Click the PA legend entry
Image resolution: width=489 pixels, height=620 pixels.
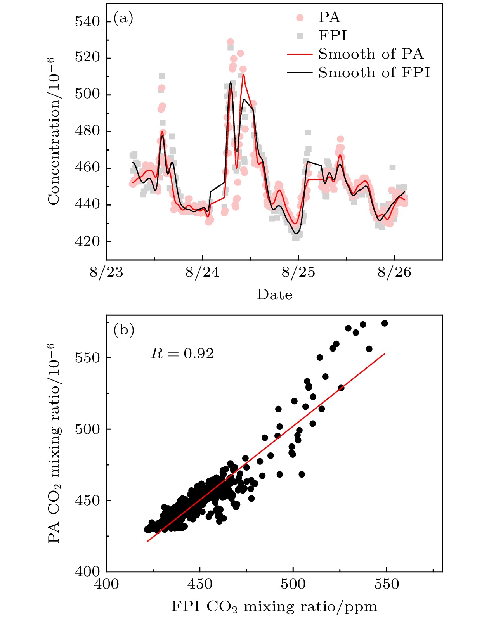[x=329, y=17]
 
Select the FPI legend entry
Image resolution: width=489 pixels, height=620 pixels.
[x=333, y=36]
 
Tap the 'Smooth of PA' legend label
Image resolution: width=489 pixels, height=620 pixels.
[x=371, y=54]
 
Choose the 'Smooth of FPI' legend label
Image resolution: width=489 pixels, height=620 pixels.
[x=374, y=73]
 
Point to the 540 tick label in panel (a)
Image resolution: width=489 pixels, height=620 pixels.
[x=88, y=22]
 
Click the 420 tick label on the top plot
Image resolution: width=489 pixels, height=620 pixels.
[x=88, y=241]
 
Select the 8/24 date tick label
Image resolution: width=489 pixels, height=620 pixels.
[x=202, y=272]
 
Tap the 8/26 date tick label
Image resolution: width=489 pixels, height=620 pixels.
[x=394, y=272]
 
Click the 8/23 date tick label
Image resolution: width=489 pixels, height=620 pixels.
[x=106, y=272]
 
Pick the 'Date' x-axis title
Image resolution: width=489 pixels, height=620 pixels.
[x=274, y=294]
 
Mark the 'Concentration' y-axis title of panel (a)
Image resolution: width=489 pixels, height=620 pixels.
[x=54, y=131]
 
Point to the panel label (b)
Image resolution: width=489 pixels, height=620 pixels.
[x=123, y=330]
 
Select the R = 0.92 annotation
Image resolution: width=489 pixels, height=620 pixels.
[x=182, y=353]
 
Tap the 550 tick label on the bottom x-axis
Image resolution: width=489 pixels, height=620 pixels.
[x=387, y=584]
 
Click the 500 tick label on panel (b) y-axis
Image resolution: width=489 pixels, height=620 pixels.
[x=88, y=429]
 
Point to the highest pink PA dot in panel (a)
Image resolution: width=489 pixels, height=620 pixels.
[x=230, y=42]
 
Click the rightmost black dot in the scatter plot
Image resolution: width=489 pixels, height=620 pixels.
[x=385, y=323]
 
